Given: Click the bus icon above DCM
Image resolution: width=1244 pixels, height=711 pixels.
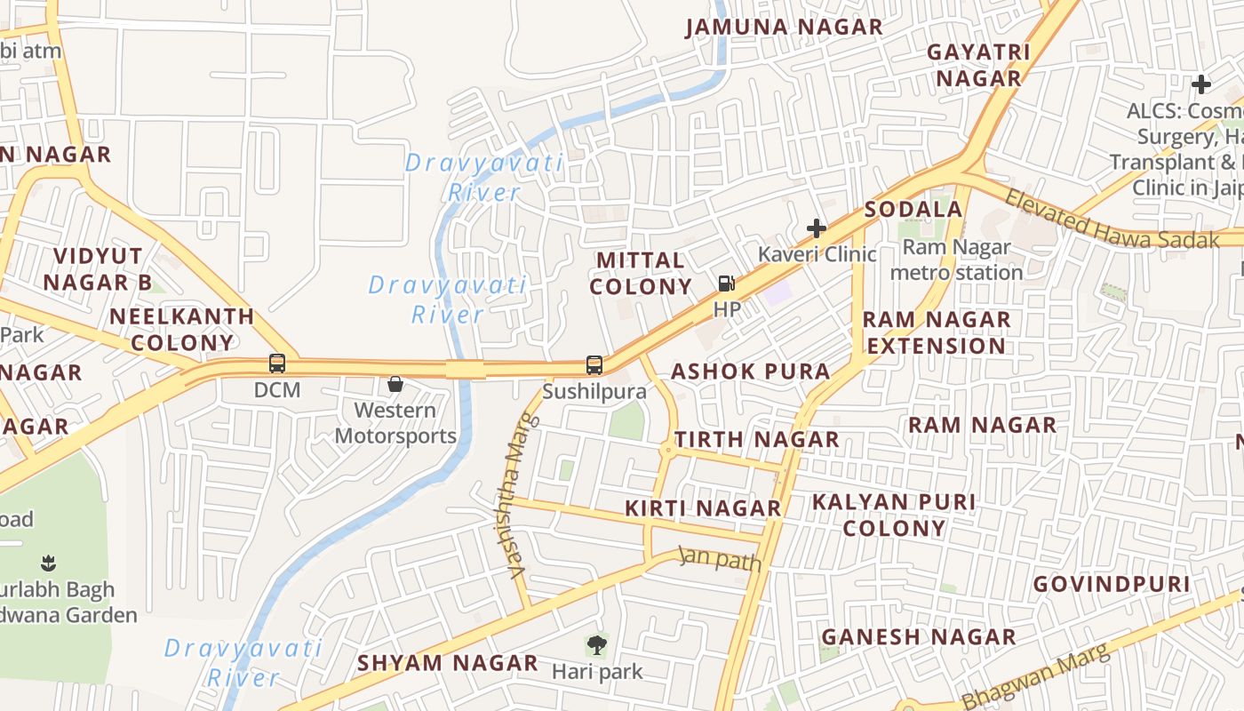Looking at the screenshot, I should (277, 363).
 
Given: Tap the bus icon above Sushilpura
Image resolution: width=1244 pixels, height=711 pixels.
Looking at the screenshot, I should (594, 365).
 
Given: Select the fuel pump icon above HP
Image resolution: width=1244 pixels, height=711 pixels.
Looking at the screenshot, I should (727, 284).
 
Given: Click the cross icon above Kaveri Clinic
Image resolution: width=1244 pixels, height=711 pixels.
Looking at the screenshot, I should (816, 228).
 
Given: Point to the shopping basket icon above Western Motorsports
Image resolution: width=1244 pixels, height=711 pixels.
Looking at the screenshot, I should (395, 384).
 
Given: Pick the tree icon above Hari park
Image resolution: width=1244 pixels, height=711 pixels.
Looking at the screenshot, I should (596, 644).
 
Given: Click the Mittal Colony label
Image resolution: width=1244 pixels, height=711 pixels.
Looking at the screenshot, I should (641, 273).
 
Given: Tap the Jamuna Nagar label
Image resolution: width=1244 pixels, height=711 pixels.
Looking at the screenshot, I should (784, 28).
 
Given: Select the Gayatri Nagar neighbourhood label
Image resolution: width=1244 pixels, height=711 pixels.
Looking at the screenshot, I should (978, 65).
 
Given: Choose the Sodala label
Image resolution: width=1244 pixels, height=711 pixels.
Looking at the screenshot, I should (913, 210).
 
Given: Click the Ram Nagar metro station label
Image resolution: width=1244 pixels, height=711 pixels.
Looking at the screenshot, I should (956, 260).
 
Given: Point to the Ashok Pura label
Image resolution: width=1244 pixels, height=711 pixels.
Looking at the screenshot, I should (751, 371).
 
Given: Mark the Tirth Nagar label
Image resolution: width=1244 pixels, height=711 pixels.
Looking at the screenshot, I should (756, 439).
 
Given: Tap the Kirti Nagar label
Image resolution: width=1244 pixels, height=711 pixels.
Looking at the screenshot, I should (703, 508).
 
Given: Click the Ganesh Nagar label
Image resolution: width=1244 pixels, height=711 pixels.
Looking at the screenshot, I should (918, 636).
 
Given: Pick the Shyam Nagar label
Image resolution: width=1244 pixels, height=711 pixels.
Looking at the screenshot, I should (448, 663).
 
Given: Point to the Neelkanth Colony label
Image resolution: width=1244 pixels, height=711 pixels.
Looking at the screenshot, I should (182, 329).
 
